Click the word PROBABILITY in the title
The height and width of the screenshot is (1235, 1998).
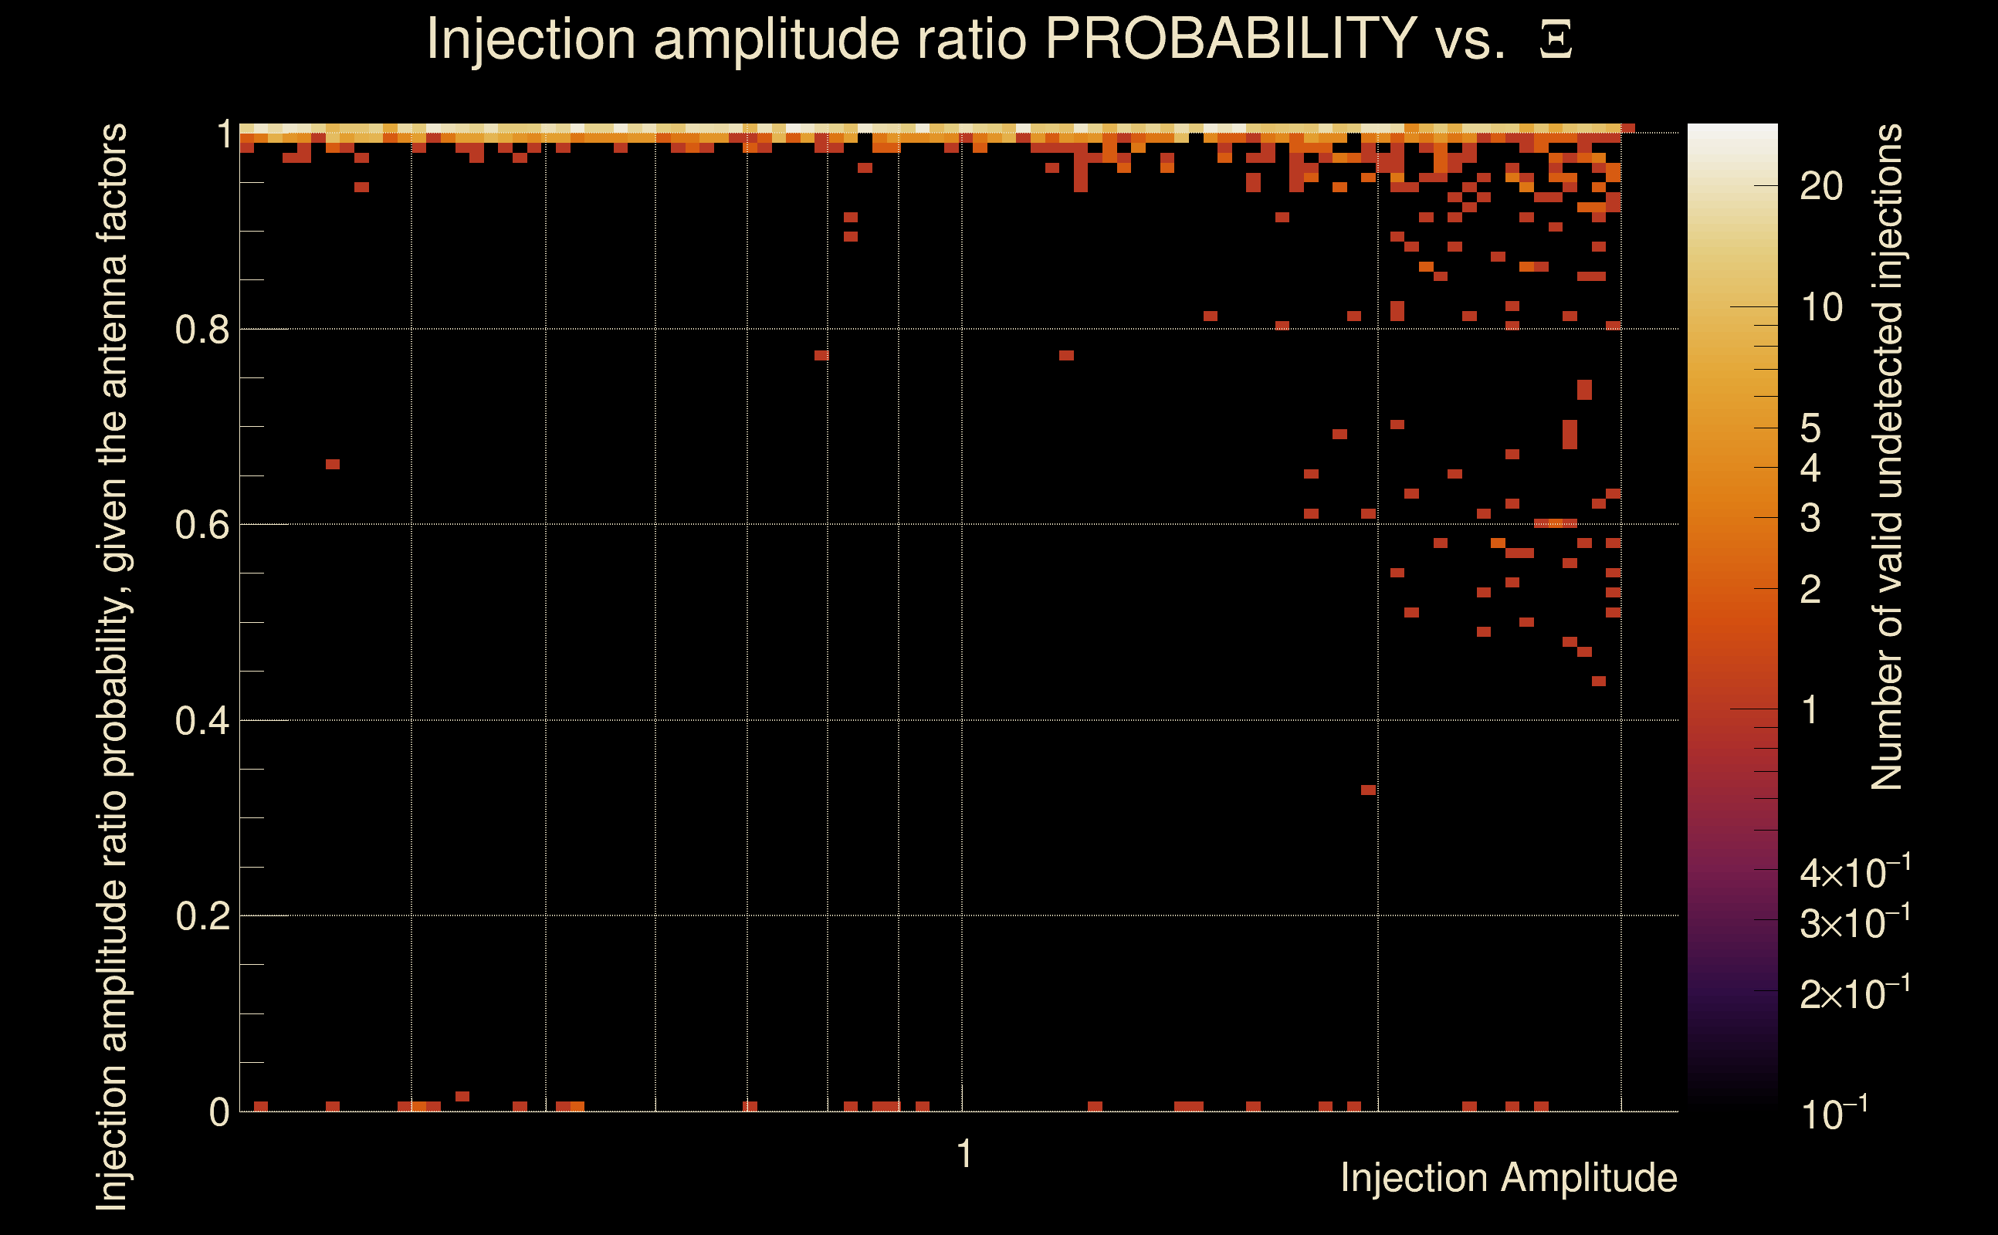(1231, 39)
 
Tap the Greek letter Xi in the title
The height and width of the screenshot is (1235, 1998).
(1556, 39)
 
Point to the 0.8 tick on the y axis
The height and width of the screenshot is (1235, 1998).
(201, 330)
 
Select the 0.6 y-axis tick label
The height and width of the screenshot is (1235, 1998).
(201, 525)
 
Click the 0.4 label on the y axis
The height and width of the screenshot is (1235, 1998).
(201, 721)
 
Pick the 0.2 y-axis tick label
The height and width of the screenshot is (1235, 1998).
(201, 916)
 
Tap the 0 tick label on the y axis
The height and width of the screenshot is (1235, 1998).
(219, 1112)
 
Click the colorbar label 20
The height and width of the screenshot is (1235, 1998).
(1820, 187)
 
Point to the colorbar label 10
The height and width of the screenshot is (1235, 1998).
(1820, 308)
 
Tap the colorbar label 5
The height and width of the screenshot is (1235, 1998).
(1810, 428)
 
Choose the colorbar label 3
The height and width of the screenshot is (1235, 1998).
(1810, 518)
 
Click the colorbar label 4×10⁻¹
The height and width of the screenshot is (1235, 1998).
(1855, 872)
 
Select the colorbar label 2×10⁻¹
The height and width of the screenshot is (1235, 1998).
(1855, 993)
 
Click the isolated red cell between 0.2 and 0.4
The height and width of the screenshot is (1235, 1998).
(1368, 790)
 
